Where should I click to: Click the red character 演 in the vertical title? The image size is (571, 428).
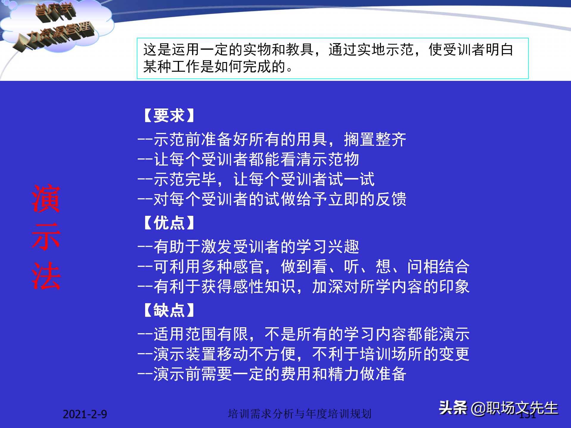(x=46, y=198)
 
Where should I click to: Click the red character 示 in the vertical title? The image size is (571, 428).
(x=46, y=237)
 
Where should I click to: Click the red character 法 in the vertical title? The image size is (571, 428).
(x=46, y=276)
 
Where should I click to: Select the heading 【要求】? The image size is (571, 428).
(x=169, y=116)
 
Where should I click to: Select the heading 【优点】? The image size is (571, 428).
(x=169, y=223)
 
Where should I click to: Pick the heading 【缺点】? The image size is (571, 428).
(x=169, y=311)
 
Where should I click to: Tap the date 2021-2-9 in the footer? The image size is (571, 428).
(x=85, y=414)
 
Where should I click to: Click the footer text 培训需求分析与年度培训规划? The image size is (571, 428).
(x=299, y=414)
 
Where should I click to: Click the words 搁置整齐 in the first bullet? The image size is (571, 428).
(x=375, y=139)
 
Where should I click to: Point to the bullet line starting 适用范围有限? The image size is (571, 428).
(x=303, y=334)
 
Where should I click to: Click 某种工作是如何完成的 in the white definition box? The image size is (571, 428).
(x=214, y=66)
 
